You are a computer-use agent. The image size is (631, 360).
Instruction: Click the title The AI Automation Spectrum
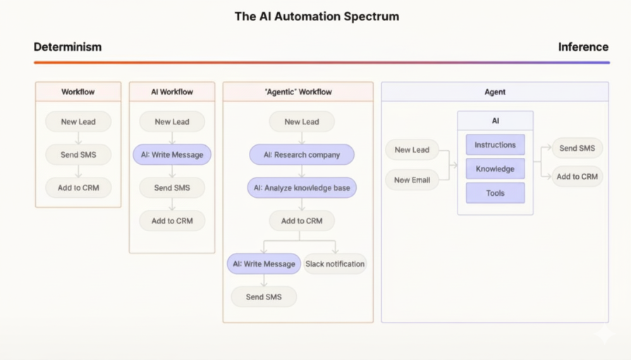coord(317,16)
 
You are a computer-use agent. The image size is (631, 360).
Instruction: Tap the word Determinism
coord(68,47)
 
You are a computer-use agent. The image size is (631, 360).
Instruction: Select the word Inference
coord(583,47)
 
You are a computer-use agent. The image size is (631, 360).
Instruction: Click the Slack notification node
coord(335,264)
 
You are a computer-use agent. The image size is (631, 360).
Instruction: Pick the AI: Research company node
coord(302,155)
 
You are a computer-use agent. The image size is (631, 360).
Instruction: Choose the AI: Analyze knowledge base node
coord(302,188)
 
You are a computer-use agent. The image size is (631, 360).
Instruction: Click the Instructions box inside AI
coord(495,145)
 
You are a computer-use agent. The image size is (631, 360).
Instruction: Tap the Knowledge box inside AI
coord(495,169)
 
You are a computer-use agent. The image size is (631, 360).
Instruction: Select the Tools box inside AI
coord(495,193)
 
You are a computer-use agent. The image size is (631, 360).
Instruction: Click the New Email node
coord(412,180)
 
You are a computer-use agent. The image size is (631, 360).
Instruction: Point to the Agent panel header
coord(495,92)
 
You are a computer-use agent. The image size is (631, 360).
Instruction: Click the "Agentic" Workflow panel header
coord(298,92)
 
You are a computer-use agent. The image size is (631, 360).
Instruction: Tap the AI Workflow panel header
coord(172,92)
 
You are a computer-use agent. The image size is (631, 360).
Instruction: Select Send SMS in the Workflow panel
coord(78,154)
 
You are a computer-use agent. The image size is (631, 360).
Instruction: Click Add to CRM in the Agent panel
coord(577,177)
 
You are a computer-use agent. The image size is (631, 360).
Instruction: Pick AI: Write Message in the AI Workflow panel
coord(172,155)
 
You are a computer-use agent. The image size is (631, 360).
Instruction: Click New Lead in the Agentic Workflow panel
coord(302,122)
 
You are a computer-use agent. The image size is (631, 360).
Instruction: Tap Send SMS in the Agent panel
coord(577,149)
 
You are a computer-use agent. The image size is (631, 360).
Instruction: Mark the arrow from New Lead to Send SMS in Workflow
coord(78,138)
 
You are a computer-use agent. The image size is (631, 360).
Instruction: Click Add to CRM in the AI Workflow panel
coord(172,221)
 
